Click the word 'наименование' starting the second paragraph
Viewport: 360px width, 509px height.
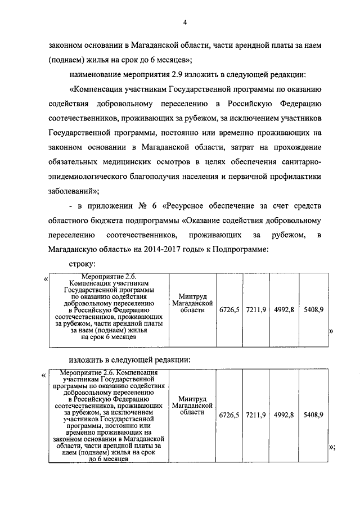coord(94,74)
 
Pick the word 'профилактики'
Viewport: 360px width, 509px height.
coord(295,177)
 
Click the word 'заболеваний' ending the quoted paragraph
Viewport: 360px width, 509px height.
coord(71,191)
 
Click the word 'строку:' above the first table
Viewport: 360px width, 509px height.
coord(83,264)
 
